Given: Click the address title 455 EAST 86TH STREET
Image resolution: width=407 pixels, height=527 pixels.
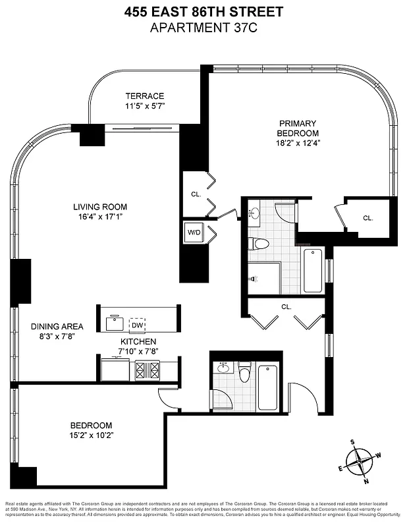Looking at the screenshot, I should [203, 11].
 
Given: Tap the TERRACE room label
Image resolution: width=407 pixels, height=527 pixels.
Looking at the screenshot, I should [145, 96].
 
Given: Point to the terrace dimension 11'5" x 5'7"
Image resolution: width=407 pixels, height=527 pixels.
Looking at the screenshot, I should [145, 106].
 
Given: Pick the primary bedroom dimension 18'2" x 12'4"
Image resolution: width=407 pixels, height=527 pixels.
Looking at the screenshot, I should [298, 144].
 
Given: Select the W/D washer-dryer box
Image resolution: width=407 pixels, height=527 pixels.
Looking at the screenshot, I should [194, 232].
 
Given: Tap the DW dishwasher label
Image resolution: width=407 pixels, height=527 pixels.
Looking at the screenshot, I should [137, 325].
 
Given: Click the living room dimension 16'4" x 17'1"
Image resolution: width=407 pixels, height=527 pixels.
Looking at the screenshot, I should [99, 217].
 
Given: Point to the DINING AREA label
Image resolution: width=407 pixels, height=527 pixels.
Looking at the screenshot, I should [57, 326].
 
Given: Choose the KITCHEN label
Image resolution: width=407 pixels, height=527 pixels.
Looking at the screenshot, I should [138, 341].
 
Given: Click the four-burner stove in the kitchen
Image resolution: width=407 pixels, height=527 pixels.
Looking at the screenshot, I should [147, 370].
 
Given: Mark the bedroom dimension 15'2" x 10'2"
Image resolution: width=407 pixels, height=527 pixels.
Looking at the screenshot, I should [91, 436].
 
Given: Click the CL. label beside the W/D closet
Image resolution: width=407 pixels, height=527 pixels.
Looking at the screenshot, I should [196, 194].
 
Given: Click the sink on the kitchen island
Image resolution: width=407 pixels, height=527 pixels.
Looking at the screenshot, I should [115, 324].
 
